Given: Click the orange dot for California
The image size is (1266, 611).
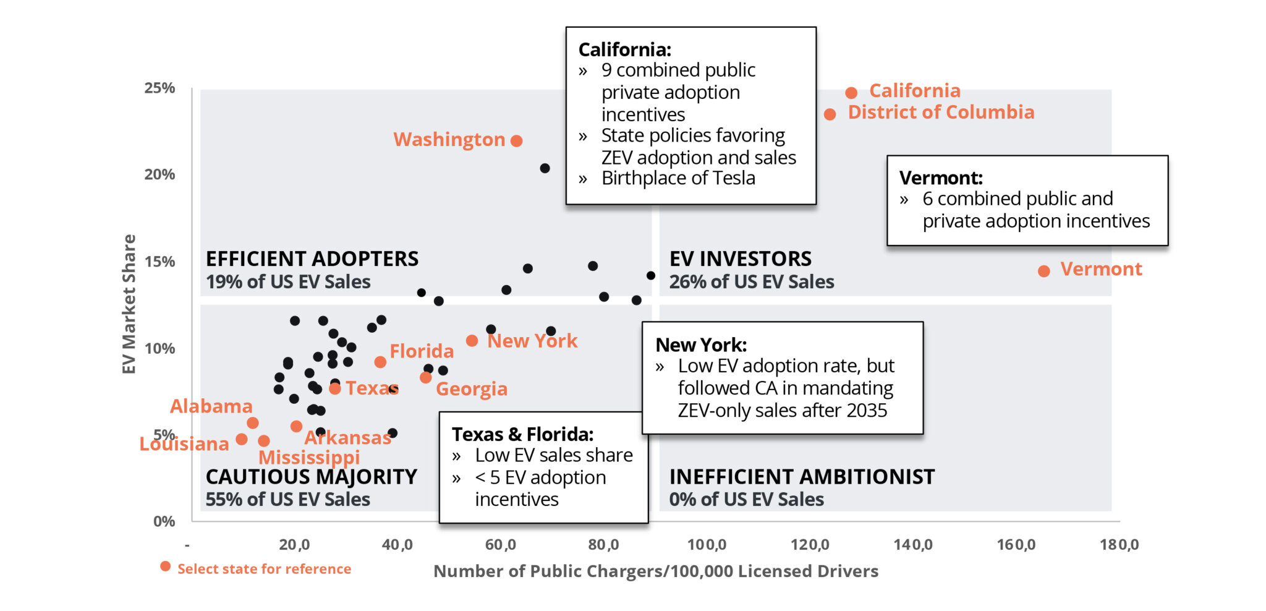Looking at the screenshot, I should (x=851, y=93).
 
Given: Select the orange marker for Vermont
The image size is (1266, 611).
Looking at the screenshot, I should (x=1043, y=271).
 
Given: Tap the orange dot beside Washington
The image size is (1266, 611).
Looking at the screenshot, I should (x=517, y=141).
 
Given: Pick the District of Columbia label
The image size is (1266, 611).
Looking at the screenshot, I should (x=940, y=113).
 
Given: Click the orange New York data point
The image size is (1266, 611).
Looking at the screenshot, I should (x=472, y=341).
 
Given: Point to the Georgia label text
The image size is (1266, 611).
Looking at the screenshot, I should (x=471, y=389).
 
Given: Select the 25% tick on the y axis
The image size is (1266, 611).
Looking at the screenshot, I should (x=159, y=88).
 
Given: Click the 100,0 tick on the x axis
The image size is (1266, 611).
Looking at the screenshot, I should (x=707, y=545).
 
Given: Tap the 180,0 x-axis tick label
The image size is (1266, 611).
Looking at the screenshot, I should (x=1118, y=545).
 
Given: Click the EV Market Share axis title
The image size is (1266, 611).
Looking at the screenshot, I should (x=129, y=304).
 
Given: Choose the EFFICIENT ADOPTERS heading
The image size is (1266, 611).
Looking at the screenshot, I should (x=312, y=258).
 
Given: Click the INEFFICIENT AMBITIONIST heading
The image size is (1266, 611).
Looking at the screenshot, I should (x=802, y=477).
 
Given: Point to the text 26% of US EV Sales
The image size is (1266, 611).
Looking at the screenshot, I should (x=751, y=282).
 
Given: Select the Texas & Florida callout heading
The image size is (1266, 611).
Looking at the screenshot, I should (x=522, y=434).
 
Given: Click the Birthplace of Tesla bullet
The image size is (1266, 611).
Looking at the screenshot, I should (x=678, y=178).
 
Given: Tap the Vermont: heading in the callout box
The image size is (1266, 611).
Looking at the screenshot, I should (x=940, y=178).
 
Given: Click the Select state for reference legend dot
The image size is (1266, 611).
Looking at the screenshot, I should (x=165, y=566).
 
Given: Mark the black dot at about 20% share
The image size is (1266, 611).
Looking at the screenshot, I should (x=545, y=168).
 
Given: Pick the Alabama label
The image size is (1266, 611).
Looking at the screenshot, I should (x=211, y=406).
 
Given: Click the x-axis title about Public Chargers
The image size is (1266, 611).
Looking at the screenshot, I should (x=655, y=571).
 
